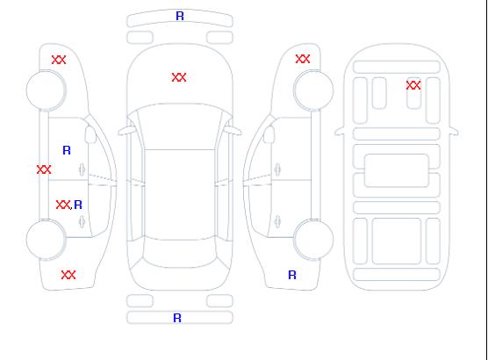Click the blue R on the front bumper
click(180, 16)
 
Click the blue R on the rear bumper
click(177, 318)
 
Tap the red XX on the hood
click(179, 77)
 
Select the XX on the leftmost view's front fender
click(59, 60)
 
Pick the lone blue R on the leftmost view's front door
click(67, 150)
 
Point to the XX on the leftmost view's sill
click(44, 169)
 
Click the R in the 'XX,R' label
click(78, 205)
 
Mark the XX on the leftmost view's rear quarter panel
click(68, 275)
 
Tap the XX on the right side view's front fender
click(303, 59)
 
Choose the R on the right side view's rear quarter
click(292, 275)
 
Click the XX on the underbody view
click(413, 85)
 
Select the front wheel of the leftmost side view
click(46, 90)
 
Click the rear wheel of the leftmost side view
click(46, 240)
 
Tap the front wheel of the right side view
click(313, 90)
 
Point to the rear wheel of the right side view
click(313, 239)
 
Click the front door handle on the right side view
click(277, 169)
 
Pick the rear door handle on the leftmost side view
click(82, 221)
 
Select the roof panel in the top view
click(180, 195)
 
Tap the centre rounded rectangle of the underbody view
click(397, 170)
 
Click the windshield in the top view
click(180, 126)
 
